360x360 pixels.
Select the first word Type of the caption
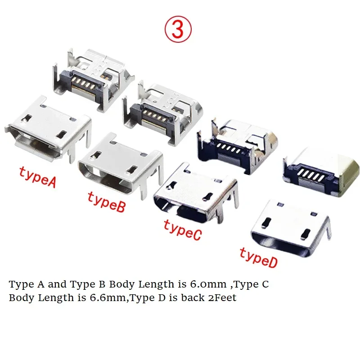[x=18, y=284]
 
